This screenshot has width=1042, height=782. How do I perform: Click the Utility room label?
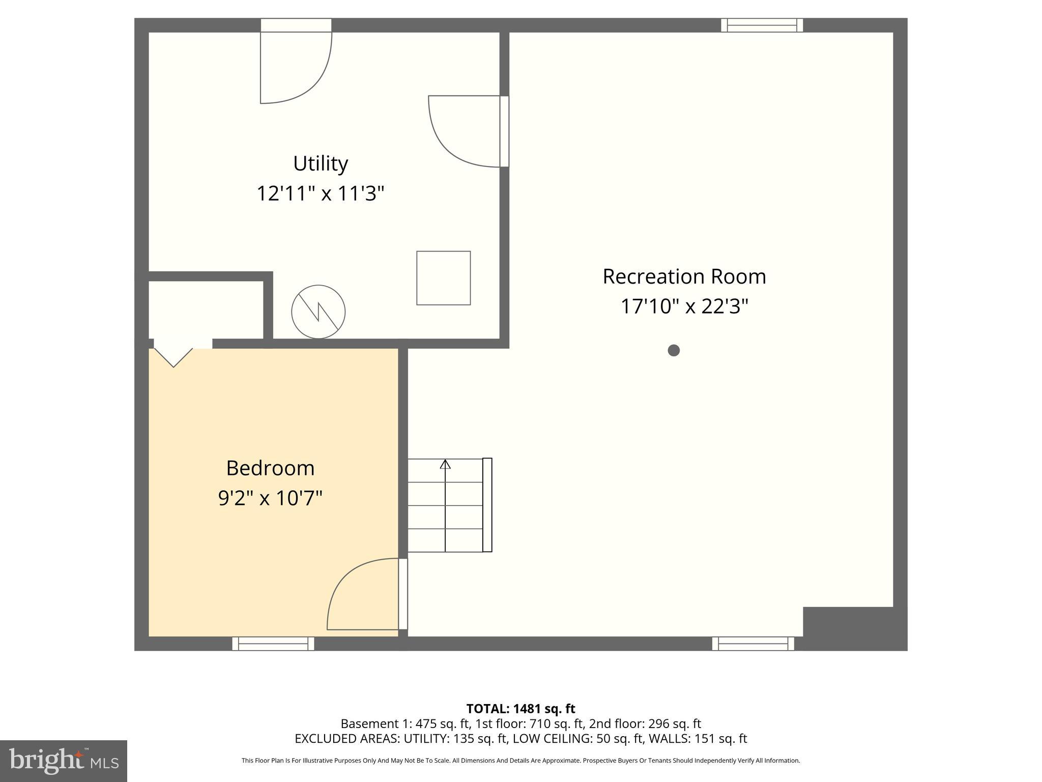pos(321,163)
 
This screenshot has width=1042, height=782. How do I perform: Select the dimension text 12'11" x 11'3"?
pos(320,193)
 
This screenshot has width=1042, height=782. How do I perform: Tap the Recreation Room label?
pos(684,276)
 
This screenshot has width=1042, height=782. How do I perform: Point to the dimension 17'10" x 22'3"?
pos(684,306)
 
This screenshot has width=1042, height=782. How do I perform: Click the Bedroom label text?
pos(270,468)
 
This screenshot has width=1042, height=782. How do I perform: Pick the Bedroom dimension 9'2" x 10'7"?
pos(270,498)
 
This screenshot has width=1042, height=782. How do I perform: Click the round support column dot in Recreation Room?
pos(674,350)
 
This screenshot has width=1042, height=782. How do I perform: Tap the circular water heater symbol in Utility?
pos(319,312)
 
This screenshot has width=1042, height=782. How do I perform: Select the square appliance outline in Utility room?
pos(443,278)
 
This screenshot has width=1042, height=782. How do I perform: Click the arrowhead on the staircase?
pos(445,464)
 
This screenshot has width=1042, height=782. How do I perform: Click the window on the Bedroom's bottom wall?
pos(273,644)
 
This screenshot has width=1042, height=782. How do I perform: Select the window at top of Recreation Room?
pos(762,25)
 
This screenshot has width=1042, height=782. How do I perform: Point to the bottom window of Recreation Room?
pos(753,644)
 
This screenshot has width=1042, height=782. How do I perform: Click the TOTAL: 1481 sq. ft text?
pos(520,709)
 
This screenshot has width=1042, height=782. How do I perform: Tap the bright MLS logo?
pos(64,761)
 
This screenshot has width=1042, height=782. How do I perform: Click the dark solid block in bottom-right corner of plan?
pos(855,628)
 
